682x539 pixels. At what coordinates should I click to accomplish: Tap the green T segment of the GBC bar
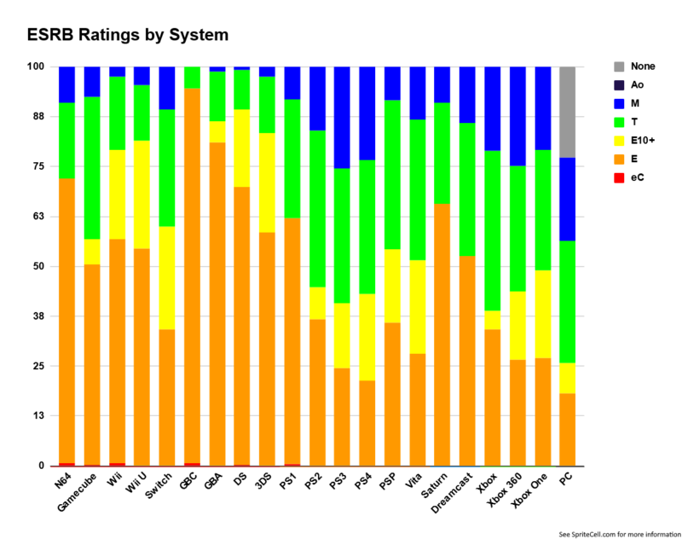pyautogui.click(x=192, y=78)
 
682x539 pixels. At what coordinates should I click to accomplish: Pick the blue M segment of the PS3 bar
pyautogui.click(x=341, y=117)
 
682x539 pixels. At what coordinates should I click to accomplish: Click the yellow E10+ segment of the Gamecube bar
pyautogui.click(x=92, y=252)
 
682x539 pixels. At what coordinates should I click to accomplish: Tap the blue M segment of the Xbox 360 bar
pyautogui.click(x=517, y=116)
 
